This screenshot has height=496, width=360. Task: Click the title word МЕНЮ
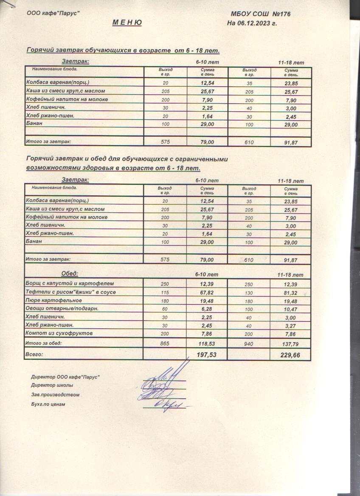click(127, 23)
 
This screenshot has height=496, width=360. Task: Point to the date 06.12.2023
click(255, 23)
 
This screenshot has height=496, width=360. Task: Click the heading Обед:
click(70, 273)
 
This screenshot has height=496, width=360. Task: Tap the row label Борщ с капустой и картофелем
click(70, 283)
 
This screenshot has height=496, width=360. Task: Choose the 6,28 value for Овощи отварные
click(207, 309)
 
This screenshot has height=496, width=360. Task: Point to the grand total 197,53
click(207, 354)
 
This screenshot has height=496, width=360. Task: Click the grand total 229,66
click(290, 355)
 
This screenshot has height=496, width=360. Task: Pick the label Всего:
click(35, 354)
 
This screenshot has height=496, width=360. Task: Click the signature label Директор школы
click(52, 386)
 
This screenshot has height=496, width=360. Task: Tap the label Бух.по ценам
click(48, 404)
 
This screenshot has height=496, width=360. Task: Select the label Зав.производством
click(55, 395)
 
